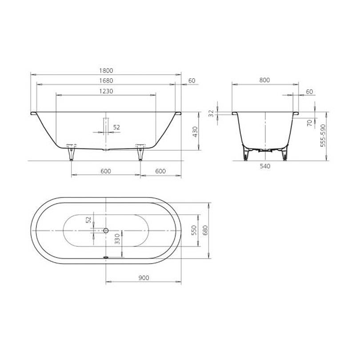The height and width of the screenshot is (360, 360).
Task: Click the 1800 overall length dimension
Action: coord(106,71)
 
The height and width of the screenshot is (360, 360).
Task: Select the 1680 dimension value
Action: coord(106,80)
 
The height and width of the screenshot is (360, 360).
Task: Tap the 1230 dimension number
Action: coord(106,91)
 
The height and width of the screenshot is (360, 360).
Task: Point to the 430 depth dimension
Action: coord(195,132)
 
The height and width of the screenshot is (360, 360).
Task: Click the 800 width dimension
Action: coord(264,80)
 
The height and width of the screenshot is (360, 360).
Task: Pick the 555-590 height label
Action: coord(323,136)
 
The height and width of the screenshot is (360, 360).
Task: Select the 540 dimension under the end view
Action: coord(265,166)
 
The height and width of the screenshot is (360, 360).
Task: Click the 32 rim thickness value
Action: coord(211,113)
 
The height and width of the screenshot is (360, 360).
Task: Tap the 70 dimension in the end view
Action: coord(309,123)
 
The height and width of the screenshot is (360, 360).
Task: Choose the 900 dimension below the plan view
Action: coord(144,278)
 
